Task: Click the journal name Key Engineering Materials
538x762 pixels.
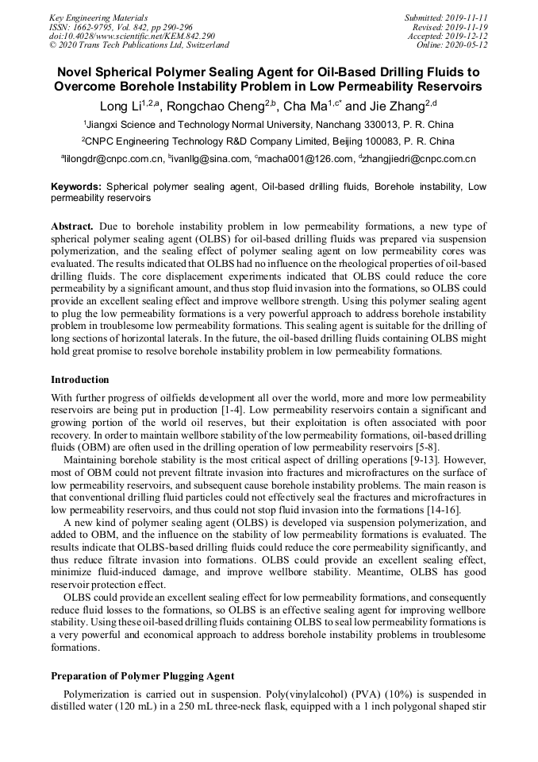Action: click(98, 17)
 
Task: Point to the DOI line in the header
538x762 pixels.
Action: click(132, 36)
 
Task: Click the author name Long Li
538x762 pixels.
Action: click(120, 106)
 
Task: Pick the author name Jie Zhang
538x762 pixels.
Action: click(398, 106)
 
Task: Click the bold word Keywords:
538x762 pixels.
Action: click(75, 187)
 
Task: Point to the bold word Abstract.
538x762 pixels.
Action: click(72, 226)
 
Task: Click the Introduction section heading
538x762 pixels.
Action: click(80, 379)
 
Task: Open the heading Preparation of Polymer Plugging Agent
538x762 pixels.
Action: click(142, 676)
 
